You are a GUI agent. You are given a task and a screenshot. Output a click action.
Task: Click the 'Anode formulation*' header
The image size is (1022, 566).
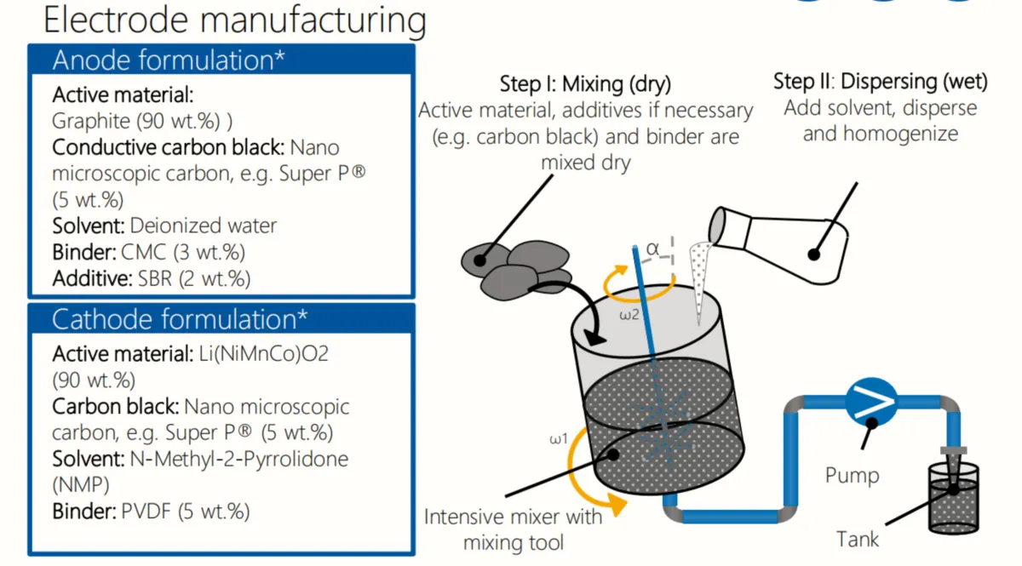tap(169, 60)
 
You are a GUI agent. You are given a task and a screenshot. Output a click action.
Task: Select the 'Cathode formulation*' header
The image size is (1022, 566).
tap(180, 319)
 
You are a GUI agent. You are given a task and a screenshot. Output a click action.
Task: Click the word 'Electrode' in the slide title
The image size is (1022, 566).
tap(116, 20)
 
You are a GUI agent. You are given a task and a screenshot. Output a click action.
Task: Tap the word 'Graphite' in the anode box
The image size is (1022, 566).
tap(91, 122)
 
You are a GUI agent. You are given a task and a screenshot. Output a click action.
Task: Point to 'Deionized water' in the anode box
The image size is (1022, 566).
tap(204, 226)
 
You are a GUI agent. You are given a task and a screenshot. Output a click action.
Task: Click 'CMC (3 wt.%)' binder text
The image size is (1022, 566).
tap(183, 252)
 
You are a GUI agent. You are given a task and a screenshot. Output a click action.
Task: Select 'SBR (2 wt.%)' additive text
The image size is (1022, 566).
tap(194, 278)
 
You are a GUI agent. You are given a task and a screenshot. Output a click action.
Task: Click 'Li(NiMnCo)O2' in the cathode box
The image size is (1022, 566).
tap(264, 354)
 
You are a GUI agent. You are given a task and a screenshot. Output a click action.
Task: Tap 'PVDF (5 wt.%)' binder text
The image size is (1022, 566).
tap(186, 512)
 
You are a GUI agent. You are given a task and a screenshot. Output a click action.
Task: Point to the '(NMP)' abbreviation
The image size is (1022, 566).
tap(81, 485)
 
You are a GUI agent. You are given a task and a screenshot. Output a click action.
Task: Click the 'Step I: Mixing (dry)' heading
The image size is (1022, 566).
tap(585, 84)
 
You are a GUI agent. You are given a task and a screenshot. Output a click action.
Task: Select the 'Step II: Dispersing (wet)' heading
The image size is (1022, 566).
tap(881, 82)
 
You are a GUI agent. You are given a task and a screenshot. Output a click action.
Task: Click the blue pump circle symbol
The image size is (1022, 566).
tap(871, 403)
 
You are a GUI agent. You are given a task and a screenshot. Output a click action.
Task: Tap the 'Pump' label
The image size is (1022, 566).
tap(852, 476)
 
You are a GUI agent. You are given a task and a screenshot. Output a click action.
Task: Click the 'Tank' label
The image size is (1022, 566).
tap(858, 540)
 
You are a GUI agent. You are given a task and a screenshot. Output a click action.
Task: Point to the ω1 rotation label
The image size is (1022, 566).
tap(559, 438)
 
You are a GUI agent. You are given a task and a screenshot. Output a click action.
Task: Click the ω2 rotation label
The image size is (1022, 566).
tap(629, 315)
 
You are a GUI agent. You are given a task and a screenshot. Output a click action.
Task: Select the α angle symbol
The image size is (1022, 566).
tap(652, 249)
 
